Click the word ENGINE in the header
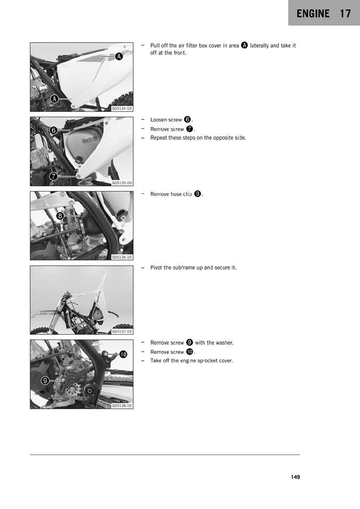(313, 14)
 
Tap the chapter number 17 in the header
(345, 14)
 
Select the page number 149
(295, 477)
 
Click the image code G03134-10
(122, 108)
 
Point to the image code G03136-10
(122, 257)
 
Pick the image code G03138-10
(122, 405)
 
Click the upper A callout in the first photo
(119, 56)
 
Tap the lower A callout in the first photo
(54, 99)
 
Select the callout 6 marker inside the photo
(53, 130)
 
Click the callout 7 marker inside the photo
(53, 176)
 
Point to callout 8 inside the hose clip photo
(60, 216)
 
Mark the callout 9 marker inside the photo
(45, 380)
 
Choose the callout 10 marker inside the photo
(123, 354)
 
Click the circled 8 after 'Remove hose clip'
(198, 194)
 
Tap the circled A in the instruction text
(244, 45)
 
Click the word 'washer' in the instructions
(224, 343)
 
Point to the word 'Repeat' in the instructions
(159, 138)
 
